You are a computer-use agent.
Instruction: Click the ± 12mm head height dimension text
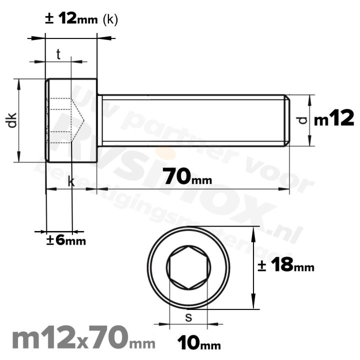pyautogui.click(x=72, y=19)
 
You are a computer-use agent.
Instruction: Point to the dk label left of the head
pyautogui.click(x=12, y=120)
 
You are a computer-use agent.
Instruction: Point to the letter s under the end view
pyautogui.click(x=188, y=317)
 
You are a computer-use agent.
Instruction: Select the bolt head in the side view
pyautogui.click(x=71, y=120)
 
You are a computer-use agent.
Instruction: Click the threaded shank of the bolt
pyautogui.click(x=192, y=120)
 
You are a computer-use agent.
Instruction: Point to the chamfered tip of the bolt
pyautogui.click(x=287, y=120)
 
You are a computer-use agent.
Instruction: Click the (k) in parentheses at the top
pyautogui.click(x=110, y=20)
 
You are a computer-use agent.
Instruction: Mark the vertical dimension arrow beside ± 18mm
pyautogui.click(x=255, y=267)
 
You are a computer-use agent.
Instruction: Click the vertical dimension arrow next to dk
pyautogui.click(x=19, y=120)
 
